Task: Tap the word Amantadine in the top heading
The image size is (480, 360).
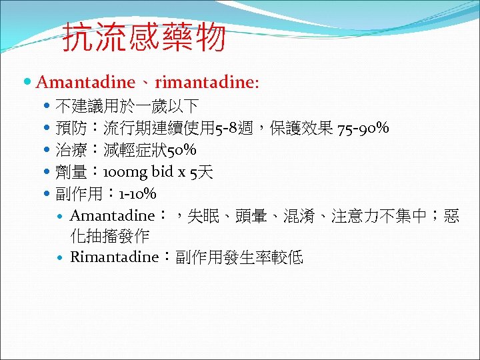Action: click(x=85, y=83)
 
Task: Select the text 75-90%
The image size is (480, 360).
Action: click(x=363, y=128)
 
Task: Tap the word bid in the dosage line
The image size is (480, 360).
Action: click(x=163, y=173)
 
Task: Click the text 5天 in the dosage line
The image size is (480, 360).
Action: click(x=201, y=173)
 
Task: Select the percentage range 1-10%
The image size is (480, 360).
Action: click(x=137, y=195)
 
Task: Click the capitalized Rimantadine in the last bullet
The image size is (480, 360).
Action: click(x=114, y=257)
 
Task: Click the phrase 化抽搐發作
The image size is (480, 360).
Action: click(x=109, y=235)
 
